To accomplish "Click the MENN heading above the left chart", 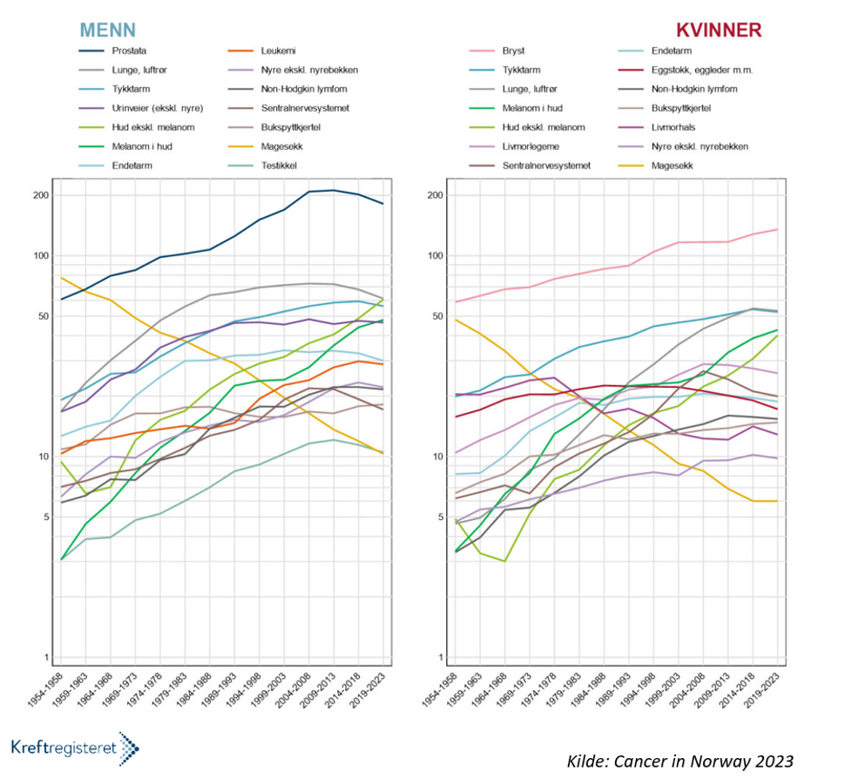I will (x=107, y=29).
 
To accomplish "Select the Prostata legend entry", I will (x=129, y=51).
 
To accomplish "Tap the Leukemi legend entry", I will (x=279, y=51).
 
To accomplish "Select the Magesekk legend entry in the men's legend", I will (x=283, y=146).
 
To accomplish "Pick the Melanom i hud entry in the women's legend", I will (x=532, y=107).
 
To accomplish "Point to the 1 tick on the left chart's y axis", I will (x=44, y=658).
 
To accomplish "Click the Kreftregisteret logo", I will (x=75, y=747).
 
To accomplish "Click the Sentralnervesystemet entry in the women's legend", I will (x=545, y=164).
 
